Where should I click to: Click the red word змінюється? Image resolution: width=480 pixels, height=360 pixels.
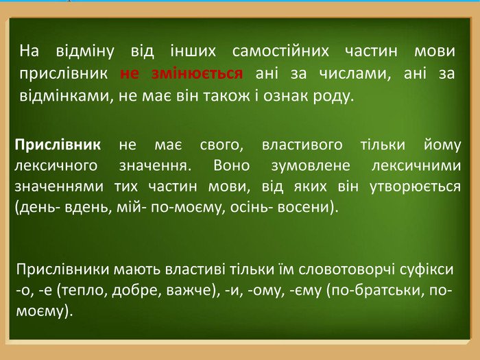click(197, 74)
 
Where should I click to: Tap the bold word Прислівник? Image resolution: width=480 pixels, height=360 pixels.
click(58, 145)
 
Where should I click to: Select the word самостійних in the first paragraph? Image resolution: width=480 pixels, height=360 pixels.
click(280, 51)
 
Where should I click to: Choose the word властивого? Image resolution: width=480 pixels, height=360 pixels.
click(302, 145)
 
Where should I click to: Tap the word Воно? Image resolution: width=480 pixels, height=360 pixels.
click(232, 166)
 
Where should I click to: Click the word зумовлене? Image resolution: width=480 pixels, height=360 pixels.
click(311, 166)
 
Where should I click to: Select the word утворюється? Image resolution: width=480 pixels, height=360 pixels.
click(415, 187)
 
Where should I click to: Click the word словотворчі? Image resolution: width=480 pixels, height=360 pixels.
click(346, 269)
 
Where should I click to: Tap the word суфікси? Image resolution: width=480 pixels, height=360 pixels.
click(427, 269)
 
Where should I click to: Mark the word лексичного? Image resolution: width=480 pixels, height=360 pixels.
click(56, 166)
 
